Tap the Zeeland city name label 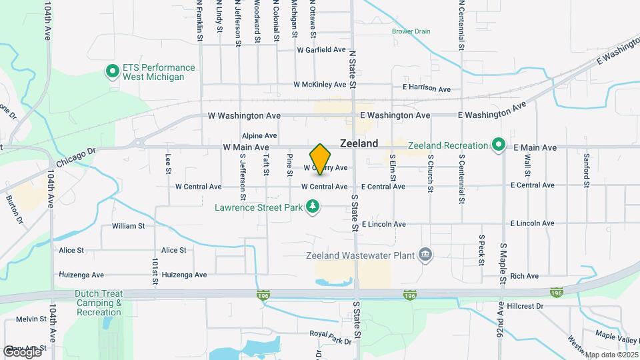[359, 143]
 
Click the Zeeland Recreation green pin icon [498, 145]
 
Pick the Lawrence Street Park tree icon [313, 207]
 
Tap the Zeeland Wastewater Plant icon [425, 255]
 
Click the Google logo [23, 351]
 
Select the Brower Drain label [411, 31]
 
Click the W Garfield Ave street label [321, 50]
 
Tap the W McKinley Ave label [320, 85]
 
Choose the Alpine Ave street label [259, 135]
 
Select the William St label [128, 226]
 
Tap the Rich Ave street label [523, 276]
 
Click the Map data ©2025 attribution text [611, 355]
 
